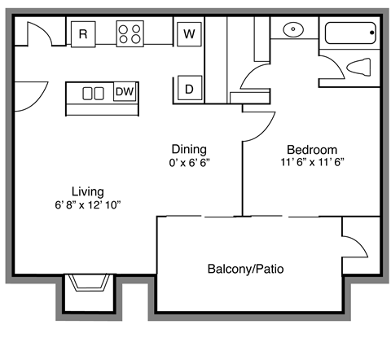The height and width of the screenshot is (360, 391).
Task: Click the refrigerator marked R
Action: [83, 33]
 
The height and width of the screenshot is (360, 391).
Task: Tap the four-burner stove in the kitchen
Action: [130, 33]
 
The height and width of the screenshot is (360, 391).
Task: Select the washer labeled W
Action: [188, 33]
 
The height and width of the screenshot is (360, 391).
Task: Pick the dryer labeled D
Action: [188, 89]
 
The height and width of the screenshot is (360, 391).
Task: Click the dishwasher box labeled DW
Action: [125, 92]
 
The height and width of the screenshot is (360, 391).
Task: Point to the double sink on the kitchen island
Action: [93, 93]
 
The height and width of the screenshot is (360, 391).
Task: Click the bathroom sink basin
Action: [292, 31]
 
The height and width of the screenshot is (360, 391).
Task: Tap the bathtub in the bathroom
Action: [349, 33]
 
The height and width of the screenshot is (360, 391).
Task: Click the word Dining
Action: [188, 149]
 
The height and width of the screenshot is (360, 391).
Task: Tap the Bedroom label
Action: [311, 150]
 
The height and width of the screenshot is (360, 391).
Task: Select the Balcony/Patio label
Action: [245, 268]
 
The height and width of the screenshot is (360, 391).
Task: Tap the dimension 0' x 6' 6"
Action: [188, 162]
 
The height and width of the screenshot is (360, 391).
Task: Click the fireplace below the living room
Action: [89, 284]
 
